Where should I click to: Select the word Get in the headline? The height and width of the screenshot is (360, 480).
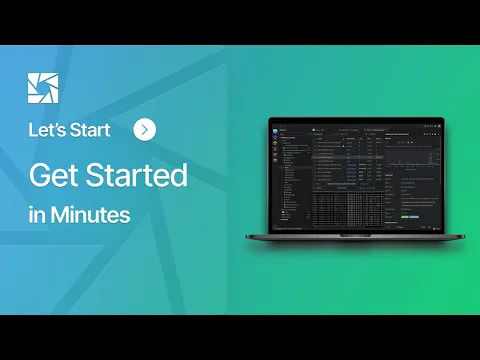[x=56, y=175]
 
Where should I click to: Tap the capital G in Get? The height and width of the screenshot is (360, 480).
[x=39, y=175]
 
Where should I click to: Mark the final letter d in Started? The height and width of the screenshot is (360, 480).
[x=180, y=175]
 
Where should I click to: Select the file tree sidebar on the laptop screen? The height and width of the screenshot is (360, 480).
[x=293, y=175]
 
